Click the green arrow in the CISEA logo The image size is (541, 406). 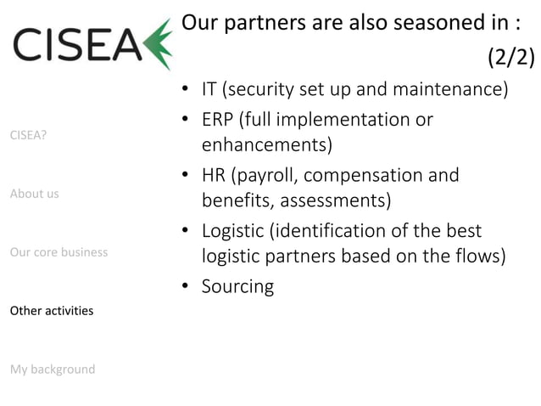tap(158, 43)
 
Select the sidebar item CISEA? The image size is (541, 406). tap(28, 134)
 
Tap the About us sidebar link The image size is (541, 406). tap(34, 194)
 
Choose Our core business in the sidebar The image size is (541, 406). tap(59, 252)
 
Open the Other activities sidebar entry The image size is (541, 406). tap(51, 311)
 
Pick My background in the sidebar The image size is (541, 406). tap(52, 369)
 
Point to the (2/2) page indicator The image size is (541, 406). tap(510, 57)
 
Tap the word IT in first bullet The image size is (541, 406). tap(209, 89)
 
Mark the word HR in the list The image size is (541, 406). tap(215, 176)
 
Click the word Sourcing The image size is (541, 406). tap(237, 287)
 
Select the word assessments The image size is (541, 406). tap(334, 201)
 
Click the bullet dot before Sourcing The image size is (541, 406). tap(185, 286)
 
